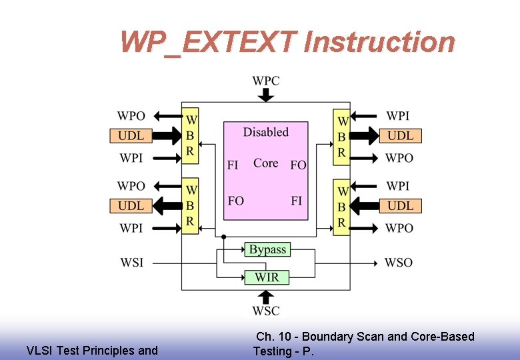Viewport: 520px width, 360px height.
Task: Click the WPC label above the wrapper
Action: pos(265,81)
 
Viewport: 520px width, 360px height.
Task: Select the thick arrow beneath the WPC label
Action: pos(266,95)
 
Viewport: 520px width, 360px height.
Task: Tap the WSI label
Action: pos(131,263)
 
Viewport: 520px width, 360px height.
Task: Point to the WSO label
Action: pos(399,263)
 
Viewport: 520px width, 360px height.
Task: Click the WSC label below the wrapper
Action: pos(266,311)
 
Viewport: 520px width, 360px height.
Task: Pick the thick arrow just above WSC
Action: pos(266,296)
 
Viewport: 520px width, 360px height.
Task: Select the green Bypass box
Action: pos(267,249)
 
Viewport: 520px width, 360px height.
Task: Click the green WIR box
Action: pos(267,277)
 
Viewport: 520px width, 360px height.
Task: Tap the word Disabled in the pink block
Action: pos(265,132)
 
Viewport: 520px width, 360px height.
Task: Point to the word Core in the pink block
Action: pos(265,163)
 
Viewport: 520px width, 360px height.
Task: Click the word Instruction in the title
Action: pos(379,42)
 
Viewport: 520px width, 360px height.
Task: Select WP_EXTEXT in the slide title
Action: pos(207,43)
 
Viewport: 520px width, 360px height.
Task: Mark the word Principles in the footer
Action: pos(105,351)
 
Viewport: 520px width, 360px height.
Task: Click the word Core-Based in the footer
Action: pos(442,337)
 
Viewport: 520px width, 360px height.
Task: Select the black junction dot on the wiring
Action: pos(223,236)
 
